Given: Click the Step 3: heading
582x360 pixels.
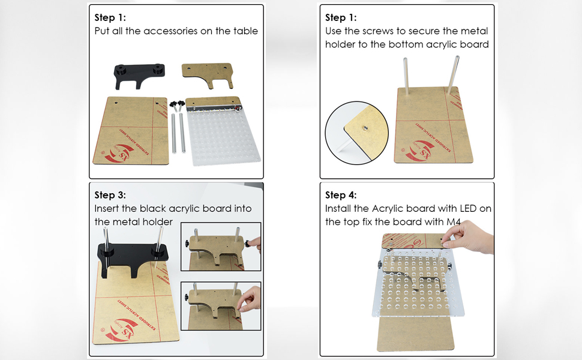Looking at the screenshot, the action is (x=110, y=195).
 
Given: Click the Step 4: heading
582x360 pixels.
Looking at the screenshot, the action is (x=341, y=195).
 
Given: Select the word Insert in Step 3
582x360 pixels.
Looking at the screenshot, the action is (x=107, y=209).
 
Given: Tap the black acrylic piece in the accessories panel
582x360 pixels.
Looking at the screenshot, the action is (x=139, y=76).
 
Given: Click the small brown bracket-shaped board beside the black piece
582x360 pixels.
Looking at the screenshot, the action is (x=207, y=74).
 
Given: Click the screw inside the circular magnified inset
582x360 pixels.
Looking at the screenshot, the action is (x=365, y=128).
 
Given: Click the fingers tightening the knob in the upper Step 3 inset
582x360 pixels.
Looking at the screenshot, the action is (x=254, y=244).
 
